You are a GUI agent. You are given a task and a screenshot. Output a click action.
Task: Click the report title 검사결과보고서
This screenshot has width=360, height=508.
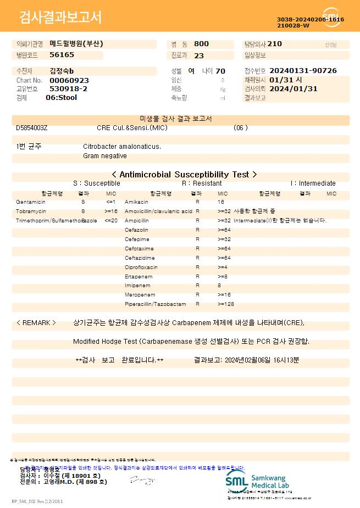(x=60, y=18)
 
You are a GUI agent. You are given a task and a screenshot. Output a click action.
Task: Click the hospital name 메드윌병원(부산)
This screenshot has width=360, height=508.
(x=76, y=43)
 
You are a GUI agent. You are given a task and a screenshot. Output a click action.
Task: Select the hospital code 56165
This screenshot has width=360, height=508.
(x=62, y=55)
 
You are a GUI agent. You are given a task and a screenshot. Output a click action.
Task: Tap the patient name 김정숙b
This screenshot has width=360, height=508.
(x=62, y=71)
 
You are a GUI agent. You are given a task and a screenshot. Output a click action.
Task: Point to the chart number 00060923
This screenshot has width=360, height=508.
(x=69, y=80)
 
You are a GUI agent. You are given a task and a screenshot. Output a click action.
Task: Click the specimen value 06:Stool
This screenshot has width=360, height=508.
(x=61, y=98)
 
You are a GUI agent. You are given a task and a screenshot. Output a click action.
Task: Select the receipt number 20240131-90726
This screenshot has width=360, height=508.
(x=303, y=71)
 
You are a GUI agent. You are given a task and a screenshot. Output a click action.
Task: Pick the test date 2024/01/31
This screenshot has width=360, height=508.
(x=293, y=88)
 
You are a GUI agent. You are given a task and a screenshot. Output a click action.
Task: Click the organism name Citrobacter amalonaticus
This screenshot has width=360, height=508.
(x=122, y=147)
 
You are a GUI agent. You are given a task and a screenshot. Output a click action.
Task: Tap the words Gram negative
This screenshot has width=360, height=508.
(x=105, y=156)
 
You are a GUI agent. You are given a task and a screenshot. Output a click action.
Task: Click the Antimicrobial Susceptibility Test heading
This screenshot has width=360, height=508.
(x=180, y=174)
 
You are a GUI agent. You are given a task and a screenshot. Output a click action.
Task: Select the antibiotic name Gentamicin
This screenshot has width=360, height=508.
(x=31, y=202)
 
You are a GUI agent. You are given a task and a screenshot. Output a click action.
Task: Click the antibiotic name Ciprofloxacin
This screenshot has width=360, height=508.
(x=141, y=267)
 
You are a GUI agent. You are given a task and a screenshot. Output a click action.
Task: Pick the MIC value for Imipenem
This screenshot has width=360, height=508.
(x=219, y=286)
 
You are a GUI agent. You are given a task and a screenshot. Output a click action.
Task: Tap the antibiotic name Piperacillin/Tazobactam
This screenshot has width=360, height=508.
(x=156, y=304)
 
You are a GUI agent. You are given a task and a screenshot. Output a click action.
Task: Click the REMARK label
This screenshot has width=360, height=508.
(x=36, y=323)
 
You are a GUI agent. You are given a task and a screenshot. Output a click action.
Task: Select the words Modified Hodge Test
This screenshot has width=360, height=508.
(x=104, y=342)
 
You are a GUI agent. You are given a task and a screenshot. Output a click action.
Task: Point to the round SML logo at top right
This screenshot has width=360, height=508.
(x=331, y=16)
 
